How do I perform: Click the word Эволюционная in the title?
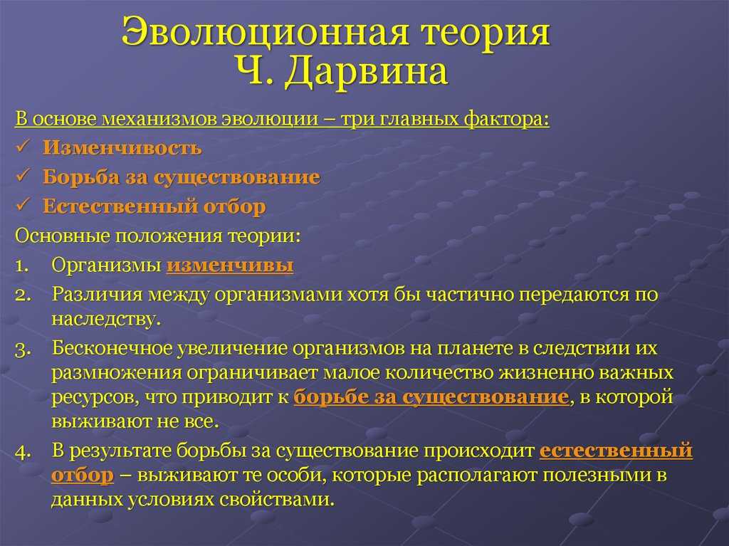coord(265,33)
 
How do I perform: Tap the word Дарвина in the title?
coord(367,72)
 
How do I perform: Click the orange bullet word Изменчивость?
coord(122,147)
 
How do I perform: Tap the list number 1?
coord(22,266)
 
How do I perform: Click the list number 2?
coord(23,295)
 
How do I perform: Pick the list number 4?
coord(23,452)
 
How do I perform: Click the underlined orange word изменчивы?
coord(230,265)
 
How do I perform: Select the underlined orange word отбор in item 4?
coord(83,476)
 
